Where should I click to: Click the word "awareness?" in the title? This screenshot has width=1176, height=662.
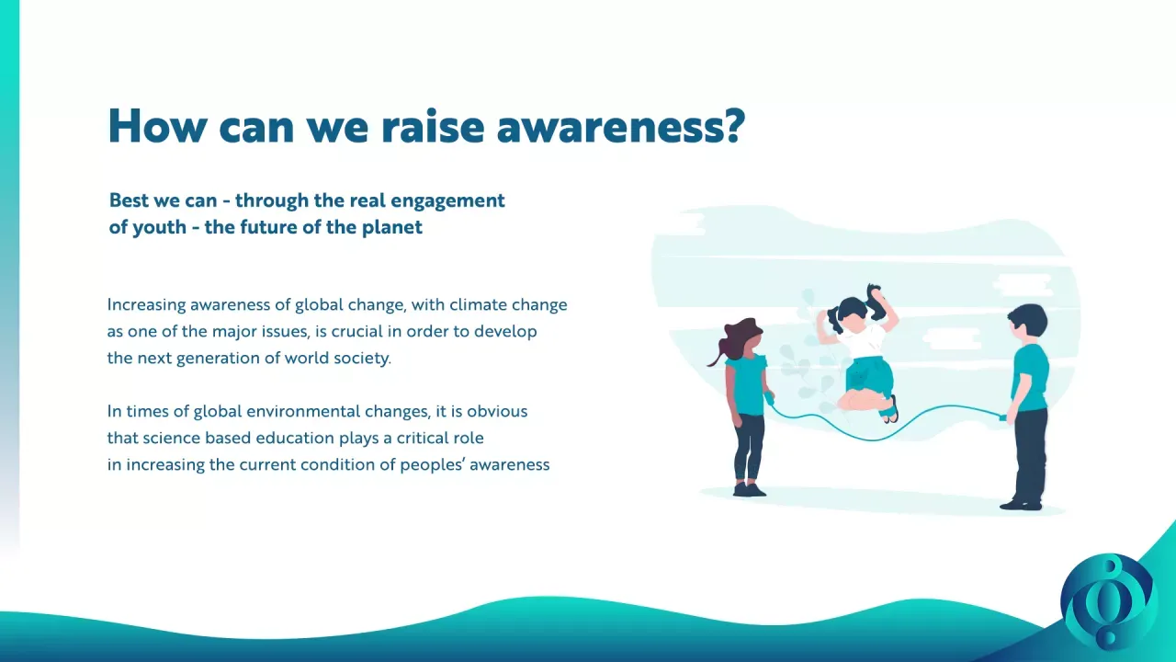[620, 126]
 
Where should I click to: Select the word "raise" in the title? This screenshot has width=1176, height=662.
[432, 126]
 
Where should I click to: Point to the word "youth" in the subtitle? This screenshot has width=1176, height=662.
[159, 228]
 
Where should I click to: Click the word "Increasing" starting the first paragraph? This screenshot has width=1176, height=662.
[146, 305]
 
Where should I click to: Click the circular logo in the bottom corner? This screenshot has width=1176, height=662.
[1108, 601]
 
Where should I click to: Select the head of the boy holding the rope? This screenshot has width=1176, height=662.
[1027, 323]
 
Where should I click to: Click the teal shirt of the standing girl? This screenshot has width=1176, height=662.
[748, 384]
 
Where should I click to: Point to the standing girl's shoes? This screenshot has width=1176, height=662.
[749, 490]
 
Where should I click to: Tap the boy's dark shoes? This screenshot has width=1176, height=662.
[1021, 505]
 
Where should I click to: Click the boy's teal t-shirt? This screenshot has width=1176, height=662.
[1031, 377]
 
